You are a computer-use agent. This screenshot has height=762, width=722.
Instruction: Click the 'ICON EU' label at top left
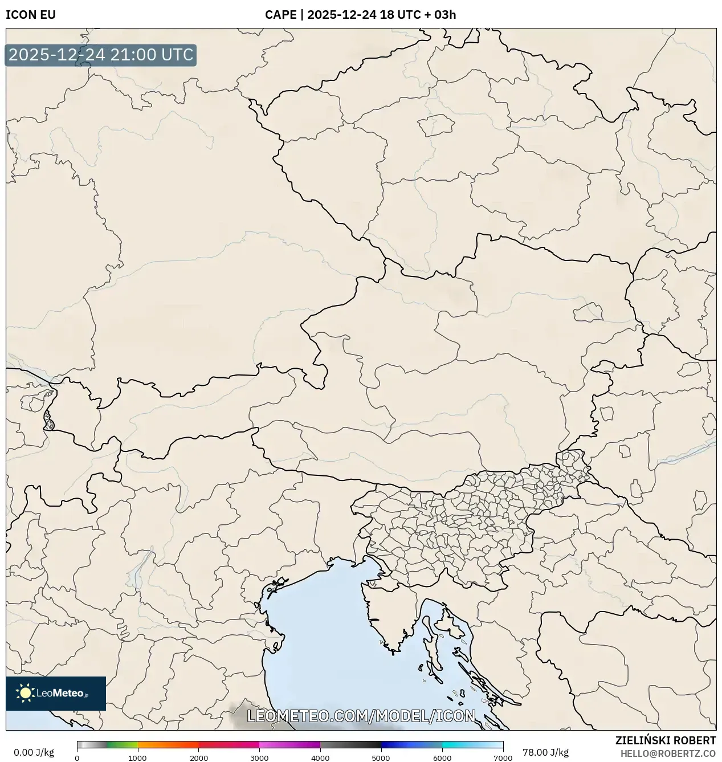[31, 15]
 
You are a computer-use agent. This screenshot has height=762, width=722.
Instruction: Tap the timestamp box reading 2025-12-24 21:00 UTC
[101, 55]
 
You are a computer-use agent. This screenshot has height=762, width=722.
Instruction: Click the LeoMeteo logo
[56, 693]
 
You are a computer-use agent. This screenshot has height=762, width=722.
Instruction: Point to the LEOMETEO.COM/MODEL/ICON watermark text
[361, 716]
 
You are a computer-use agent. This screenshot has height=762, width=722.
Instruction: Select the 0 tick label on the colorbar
[77, 758]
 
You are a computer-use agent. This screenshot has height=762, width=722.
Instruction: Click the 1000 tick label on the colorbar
[137, 758]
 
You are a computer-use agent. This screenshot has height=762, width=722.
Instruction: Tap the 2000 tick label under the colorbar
[198, 758]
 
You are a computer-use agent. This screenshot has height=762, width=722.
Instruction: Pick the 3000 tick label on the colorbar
[259, 758]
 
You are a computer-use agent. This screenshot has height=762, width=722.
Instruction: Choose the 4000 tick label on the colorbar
[320, 758]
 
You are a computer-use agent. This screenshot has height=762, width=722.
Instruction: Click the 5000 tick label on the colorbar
[381, 758]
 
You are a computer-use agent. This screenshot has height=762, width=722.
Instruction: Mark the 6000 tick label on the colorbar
[442, 758]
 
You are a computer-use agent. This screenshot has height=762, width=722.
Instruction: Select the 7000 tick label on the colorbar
[503, 758]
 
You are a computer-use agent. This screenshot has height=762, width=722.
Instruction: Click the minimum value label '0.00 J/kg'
[34, 752]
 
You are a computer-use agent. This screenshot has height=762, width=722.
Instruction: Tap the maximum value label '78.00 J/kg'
[545, 752]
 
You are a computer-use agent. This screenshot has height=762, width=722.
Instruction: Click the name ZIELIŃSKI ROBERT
[665, 740]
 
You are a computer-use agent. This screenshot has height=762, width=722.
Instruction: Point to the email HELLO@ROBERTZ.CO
[668, 753]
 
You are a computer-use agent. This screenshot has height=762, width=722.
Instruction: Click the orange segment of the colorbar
[168, 744]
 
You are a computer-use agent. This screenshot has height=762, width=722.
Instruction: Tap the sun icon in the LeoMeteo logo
[25, 693]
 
